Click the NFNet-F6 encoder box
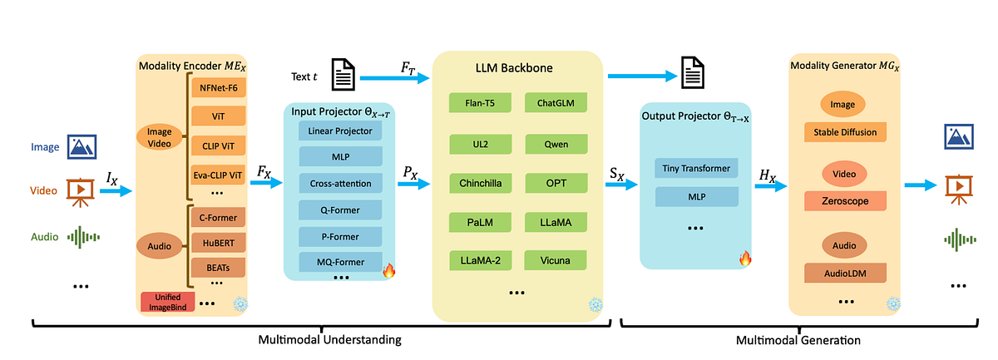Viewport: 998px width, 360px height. point(218,87)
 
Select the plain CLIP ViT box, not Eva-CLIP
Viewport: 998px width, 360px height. point(218,145)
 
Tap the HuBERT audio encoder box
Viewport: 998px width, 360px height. point(218,243)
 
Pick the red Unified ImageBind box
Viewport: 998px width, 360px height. point(167,302)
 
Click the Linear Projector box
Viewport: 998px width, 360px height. point(340,131)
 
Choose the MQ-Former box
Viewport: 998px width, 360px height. point(340,262)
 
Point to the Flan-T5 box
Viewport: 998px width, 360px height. point(480,103)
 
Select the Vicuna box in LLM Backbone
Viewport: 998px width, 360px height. point(556,260)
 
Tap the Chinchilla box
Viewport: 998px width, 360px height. point(481,183)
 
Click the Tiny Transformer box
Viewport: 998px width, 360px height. point(696,168)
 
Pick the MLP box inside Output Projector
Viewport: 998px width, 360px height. point(696,196)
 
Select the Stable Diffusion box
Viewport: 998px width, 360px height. point(845,132)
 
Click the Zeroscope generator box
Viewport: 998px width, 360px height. point(845,201)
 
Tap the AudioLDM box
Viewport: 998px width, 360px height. point(845,274)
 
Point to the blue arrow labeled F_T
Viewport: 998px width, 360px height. point(395,78)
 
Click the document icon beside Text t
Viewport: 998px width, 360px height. point(343,74)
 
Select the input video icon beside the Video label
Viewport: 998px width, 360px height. point(80,193)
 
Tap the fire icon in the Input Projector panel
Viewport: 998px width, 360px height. point(388,270)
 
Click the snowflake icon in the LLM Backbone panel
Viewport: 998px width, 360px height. point(595,305)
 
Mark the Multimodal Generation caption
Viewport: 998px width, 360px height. point(798,340)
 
